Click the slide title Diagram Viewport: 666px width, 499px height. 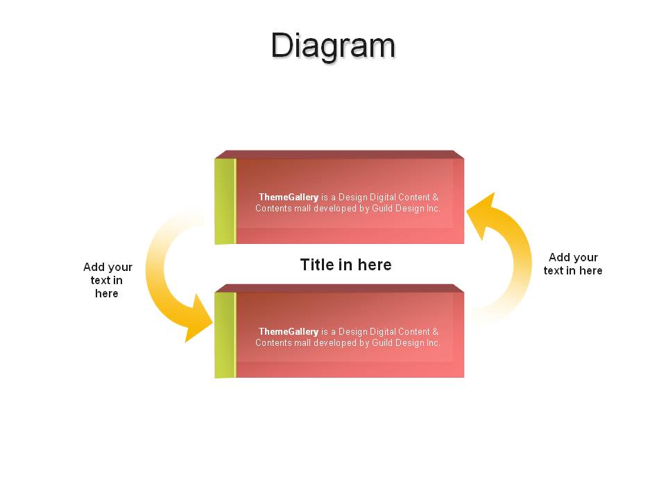click(333, 46)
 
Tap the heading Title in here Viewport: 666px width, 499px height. click(345, 265)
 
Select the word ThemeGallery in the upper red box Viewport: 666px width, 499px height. click(289, 198)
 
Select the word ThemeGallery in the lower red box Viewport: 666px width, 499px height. click(289, 332)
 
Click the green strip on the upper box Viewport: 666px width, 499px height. click(225, 201)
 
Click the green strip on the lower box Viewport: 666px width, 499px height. click(225, 335)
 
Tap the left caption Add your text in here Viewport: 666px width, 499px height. click(108, 280)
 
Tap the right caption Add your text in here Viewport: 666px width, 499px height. click(573, 264)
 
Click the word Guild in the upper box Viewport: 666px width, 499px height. click(382, 209)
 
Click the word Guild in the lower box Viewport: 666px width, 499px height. click(382, 343)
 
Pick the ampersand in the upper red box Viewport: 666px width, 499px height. click(435, 198)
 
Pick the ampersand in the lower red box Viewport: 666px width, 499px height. click(435, 332)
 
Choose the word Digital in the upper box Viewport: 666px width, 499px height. click(383, 198)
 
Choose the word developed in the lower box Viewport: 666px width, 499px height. click(335, 343)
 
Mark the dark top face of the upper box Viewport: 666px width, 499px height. click(339, 155)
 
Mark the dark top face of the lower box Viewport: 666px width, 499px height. click(339, 288)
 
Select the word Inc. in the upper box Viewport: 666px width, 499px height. click(433, 209)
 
